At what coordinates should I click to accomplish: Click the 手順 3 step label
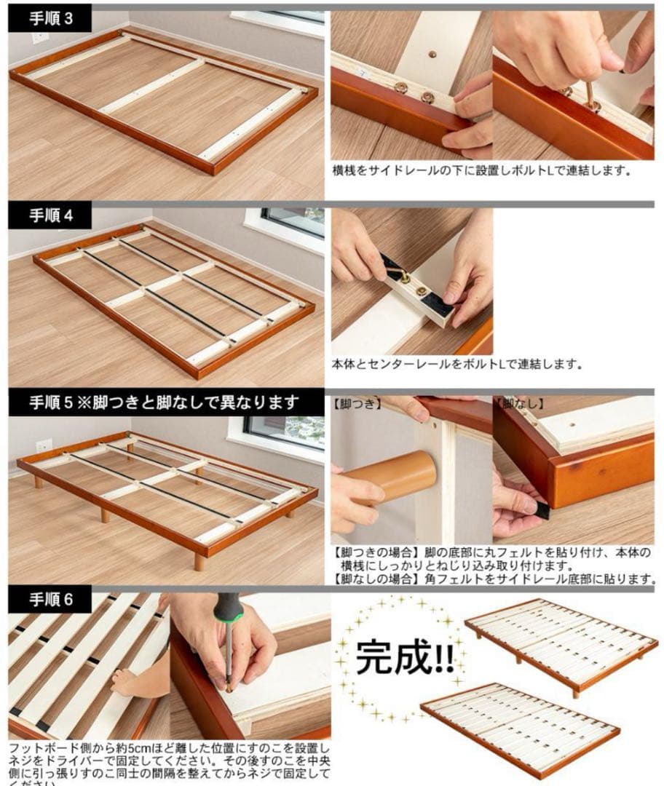[x=51, y=20]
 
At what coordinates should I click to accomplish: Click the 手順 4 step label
[x=51, y=216]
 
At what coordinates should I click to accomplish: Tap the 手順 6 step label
[x=51, y=602]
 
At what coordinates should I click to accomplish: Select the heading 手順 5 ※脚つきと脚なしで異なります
[x=165, y=402]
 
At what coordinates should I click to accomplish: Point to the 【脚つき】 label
[x=357, y=402]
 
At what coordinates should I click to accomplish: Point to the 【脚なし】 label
[x=519, y=402]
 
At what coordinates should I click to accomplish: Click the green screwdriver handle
[x=229, y=608]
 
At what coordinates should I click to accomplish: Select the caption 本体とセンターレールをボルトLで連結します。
[x=456, y=365]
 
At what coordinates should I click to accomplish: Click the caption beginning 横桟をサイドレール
[x=481, y=172]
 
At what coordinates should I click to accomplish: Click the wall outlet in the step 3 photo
[x=40, y=37]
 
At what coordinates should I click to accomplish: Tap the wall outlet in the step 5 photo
[x=44, y=445]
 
